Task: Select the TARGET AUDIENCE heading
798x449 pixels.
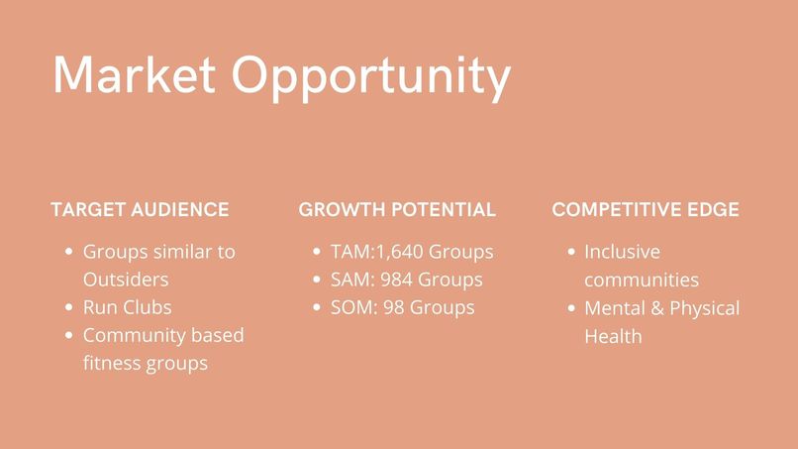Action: click(140, 210)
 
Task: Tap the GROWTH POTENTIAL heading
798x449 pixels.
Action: click(397, 210)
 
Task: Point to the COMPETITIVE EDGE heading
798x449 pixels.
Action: click(646, 210)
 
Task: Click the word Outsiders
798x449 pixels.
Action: click(126, 280)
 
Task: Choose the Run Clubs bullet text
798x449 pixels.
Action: click(127, 307)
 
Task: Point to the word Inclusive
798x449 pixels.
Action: click(622, 252)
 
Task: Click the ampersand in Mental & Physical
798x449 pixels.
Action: click(655, 308)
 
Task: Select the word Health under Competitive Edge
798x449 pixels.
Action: click(613, 336)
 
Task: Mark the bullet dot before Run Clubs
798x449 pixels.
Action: click(68, 308)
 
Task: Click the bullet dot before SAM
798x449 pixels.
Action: click(316, 281)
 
